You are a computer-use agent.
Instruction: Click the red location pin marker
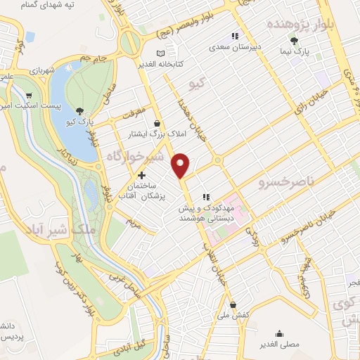coord(181,165)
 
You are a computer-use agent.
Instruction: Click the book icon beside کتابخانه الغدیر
coord(162,54)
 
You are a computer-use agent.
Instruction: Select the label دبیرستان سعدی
coord(238,48)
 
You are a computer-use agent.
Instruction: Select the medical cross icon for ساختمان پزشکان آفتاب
coord(142,175)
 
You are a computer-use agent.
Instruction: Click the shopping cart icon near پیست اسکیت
coord(29,96)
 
